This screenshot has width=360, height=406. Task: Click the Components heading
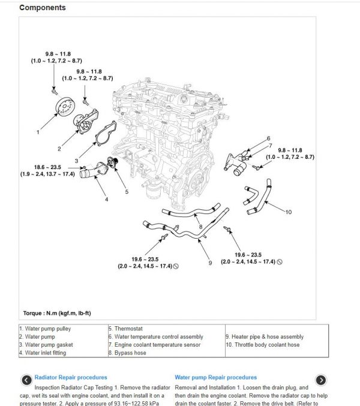(x=43, y=8)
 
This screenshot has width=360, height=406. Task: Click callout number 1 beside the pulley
(x=38, y=131)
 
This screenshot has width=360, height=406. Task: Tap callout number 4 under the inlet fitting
(x=106, y=199)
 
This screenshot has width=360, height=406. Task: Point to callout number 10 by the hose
(x=289, y=212)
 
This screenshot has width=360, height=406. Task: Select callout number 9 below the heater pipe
(x=210, y=262)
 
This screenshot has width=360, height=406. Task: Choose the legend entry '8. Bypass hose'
(x=127, y=353)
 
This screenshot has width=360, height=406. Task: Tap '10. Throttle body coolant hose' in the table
(x=263, y=345)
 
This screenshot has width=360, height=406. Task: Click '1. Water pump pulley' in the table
(x=45, y=329)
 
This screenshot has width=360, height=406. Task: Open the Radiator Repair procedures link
(x=71, y=377)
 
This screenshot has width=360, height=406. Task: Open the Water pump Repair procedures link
(x=215, y=377)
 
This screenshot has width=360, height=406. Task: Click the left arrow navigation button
(x=26, y=380)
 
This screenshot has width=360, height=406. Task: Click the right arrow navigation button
(x=321, y=380)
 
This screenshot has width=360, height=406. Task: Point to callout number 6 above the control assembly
(x=269, y=139)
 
